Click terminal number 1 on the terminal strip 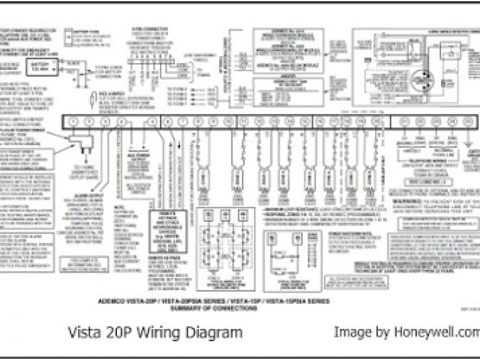pos(72,121)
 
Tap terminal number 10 pos(229,121)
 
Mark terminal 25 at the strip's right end pos(469,121)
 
